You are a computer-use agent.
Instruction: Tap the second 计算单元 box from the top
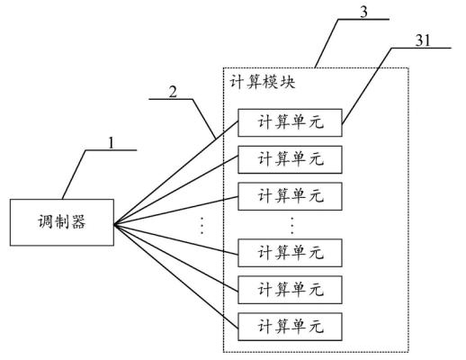point(291,159)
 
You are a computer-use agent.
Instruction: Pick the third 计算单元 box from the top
point(291,193)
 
